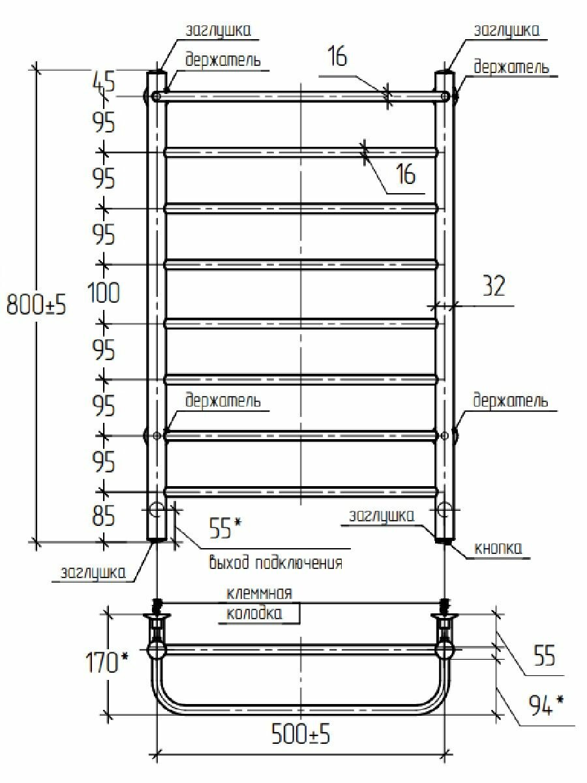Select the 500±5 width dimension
point(301,735)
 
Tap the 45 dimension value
point(102,82)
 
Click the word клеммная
point(258,594)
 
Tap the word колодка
point(255,615)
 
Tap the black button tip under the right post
point(445,540)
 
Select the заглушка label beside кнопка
point(381,515)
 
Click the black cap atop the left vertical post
point(157,70)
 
